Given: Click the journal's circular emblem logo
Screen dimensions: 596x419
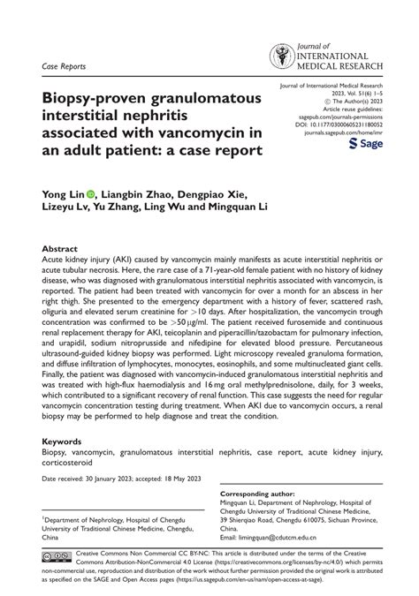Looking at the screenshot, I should [x=283, y=56].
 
